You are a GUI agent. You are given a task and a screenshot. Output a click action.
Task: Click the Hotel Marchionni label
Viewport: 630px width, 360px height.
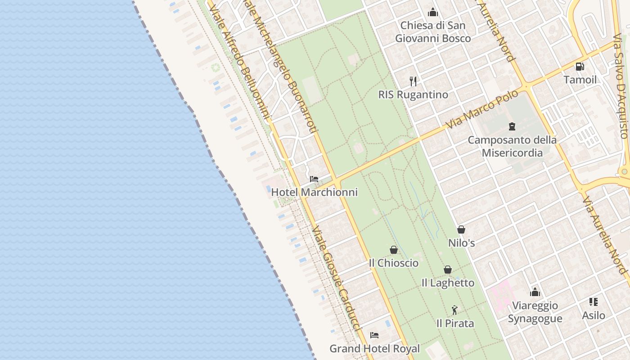[x=314, y=192]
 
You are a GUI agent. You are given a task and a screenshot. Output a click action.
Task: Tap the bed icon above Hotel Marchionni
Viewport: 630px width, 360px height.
[x=314, y=179]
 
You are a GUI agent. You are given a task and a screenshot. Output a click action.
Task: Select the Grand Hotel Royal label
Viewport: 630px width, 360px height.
[x=374, y=348]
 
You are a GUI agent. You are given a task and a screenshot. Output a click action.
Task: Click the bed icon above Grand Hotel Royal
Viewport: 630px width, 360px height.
[x=374, y=335]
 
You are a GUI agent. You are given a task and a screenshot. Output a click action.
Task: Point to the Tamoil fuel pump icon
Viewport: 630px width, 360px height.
[x=580, y=67]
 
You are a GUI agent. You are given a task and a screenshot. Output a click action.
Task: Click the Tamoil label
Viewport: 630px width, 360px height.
[x=580, y=80]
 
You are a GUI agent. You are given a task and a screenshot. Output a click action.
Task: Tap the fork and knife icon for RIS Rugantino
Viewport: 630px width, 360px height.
[x=413, y=81]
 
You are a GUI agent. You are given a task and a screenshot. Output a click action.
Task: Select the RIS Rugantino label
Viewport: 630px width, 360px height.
[x=413, y=94]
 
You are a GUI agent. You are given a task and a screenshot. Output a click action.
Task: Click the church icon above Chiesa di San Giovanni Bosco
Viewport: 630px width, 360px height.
[x=433, y=12]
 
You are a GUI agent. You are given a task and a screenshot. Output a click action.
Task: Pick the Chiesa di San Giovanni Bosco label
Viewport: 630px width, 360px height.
[x=433, y=31]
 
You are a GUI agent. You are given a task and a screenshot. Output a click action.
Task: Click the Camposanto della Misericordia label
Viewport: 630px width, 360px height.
[x=512, y=146]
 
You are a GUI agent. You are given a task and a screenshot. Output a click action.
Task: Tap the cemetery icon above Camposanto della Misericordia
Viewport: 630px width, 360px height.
[x=512, y=126]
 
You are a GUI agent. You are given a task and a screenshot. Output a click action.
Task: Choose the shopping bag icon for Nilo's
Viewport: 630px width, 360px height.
[x=461, y=229]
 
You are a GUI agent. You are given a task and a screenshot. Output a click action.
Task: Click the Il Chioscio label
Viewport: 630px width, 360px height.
[x=394, y=263]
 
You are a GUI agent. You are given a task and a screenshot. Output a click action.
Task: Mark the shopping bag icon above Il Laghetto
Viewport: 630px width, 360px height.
[x=448, y=270]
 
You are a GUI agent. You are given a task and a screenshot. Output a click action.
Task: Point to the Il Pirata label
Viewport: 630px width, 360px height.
[x=455, y=323]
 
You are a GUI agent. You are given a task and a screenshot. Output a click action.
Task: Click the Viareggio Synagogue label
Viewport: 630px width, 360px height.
[x=535, y=312]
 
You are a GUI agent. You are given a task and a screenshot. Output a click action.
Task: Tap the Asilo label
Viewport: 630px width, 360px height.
[x=594, y=315]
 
